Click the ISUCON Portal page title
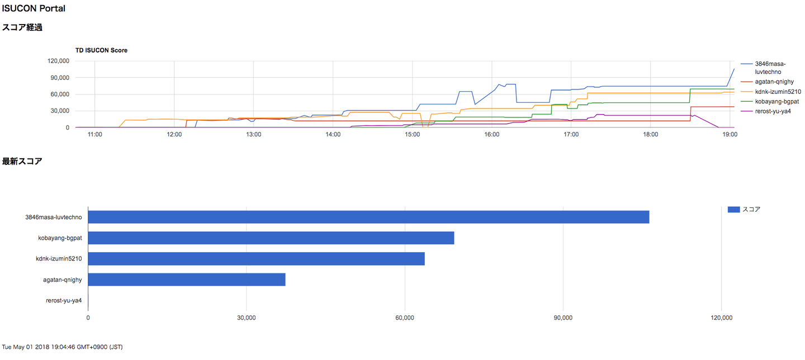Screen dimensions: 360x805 34,8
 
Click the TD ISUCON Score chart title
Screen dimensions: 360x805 101,50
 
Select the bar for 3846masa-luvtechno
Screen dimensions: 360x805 368,217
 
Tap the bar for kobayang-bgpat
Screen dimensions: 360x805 271,238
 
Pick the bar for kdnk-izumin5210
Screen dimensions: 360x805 256,259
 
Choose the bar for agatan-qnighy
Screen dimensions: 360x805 187,280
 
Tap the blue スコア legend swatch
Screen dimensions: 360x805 733,210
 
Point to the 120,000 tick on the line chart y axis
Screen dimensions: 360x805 59,61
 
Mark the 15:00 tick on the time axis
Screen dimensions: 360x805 413,135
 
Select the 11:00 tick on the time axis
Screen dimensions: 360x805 94,135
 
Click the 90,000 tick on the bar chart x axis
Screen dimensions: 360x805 563,318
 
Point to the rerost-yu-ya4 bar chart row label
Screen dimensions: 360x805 64,301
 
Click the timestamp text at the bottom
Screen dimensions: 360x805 63,347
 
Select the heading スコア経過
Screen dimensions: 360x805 22,27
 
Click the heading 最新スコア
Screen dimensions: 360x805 22,162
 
